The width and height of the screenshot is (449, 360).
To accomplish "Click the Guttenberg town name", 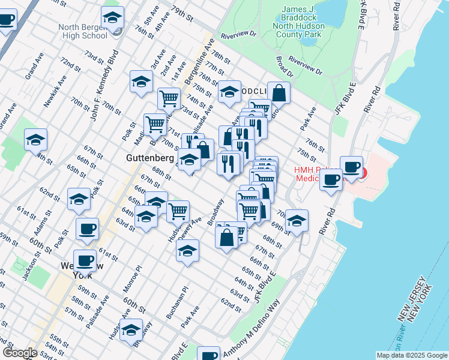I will point(150,158).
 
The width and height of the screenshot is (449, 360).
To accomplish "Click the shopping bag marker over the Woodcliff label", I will point(279,93).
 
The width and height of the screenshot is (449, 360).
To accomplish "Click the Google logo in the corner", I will point(19,353).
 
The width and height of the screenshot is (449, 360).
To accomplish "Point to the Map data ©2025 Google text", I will point(411,355).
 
